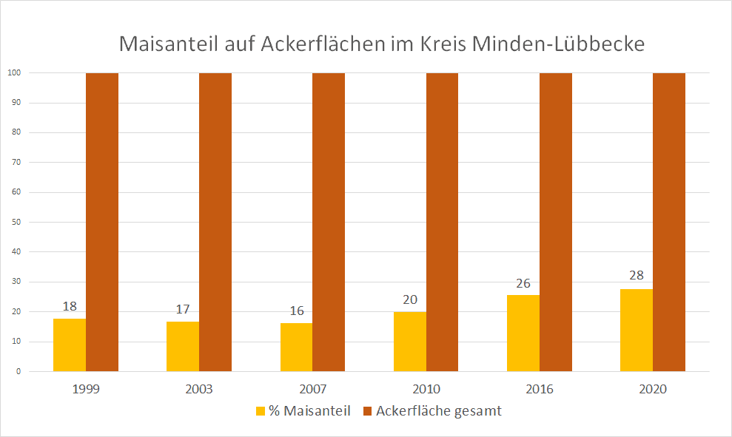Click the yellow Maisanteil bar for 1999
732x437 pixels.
tap(70, 345)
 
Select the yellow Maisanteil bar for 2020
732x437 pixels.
tap(637, 330)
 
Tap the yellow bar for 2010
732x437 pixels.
tap(409, 342)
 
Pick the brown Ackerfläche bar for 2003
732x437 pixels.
tap(215, 222)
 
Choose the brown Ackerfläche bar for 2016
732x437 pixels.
tap(556, 222)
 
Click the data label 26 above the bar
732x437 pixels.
tap(523, 283)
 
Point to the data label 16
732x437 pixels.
tap(297, 311)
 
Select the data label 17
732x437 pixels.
tap(183, 309)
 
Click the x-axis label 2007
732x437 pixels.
tap(312, 390)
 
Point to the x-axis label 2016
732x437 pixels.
tap(540, 390)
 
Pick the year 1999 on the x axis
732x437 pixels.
tap(86, 390)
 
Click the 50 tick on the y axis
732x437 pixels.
tap(14, 222)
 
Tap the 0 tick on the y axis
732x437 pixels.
tap(17, 371)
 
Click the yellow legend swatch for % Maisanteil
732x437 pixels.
tap(260, 411)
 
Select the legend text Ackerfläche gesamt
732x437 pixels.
tap(439, 411)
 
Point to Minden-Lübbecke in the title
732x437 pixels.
tap(567, 44)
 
